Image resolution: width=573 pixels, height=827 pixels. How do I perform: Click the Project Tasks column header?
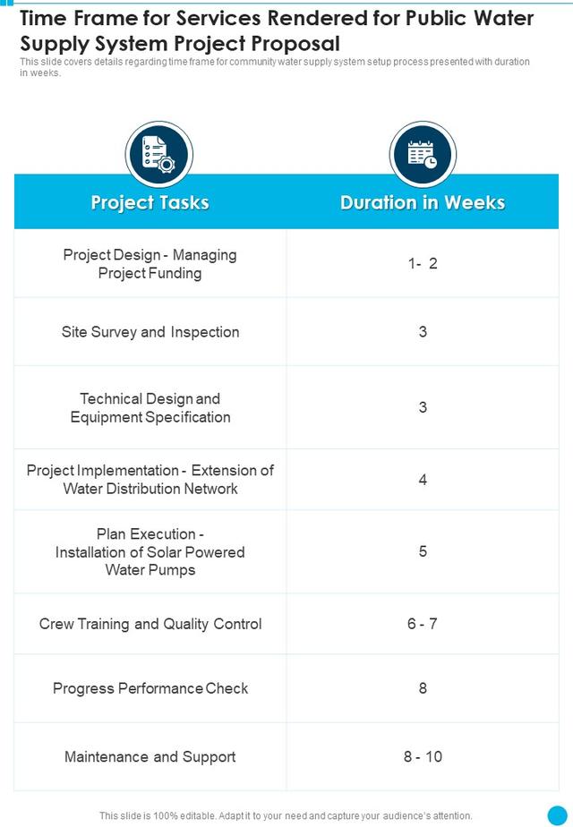click(150, 202)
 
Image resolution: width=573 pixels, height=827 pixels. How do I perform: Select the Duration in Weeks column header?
click(423, 202)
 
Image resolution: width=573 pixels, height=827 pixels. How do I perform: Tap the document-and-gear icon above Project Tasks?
click(158, 155)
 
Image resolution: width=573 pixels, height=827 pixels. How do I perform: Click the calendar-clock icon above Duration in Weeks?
click(423, 155)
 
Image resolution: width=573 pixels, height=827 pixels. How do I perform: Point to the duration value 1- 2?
click(423, 263)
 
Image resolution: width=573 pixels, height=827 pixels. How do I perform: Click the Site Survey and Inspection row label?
click(150, 332)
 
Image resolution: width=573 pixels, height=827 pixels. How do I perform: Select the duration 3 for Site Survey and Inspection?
click(423, 332)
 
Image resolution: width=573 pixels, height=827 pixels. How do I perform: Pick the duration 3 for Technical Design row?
click(423, 407)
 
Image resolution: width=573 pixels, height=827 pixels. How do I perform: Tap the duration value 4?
click(423, 480)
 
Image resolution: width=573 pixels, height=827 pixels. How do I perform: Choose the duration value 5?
click(423, 551)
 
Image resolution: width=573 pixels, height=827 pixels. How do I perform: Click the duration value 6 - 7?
click(422, 624)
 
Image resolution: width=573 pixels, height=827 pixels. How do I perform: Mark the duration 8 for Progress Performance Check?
click(423, 687)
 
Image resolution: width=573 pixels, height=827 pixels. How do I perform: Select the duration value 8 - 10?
click(423, 756)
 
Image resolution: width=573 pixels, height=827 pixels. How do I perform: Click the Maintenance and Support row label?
click(150, 757)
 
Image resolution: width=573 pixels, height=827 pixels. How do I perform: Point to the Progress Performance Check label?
click(150, 688)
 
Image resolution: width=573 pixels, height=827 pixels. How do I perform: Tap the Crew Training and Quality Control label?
click(150, 624)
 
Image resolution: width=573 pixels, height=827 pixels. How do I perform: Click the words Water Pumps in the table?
click(150, 570)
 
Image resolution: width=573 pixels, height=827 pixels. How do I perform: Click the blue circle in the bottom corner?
click(557, 814)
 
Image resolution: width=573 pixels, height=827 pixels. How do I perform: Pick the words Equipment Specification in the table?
click(150, 417)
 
